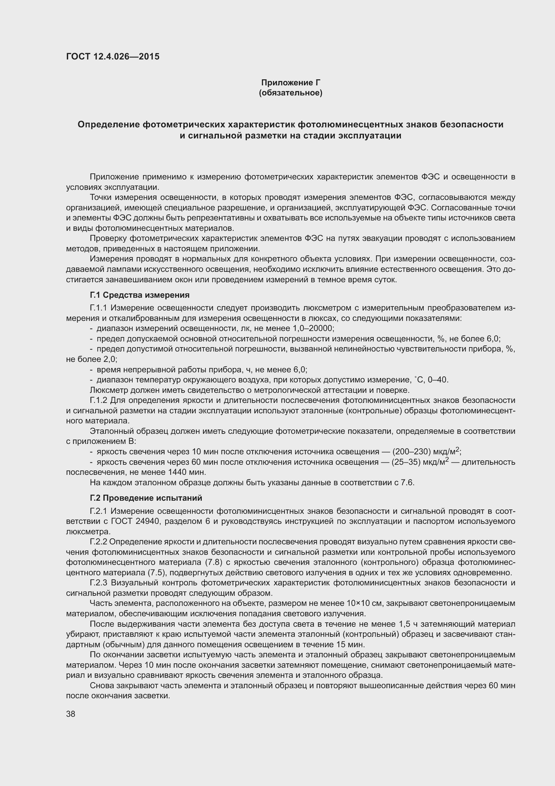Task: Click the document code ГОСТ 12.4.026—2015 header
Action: point(113,56)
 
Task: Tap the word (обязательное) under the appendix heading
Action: point(291,93)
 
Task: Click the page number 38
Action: point(71,714)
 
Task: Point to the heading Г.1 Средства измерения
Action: point(140,295)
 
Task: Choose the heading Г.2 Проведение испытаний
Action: point(146,498)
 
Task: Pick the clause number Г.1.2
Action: point(98,400)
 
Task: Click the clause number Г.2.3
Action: point(98,583)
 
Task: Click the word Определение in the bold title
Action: point(108,124)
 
